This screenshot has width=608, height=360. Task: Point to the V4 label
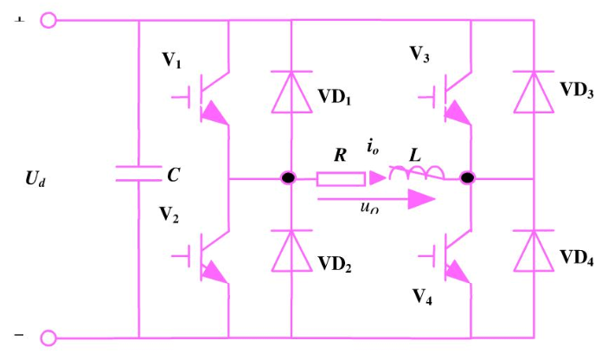(x=423, y=296)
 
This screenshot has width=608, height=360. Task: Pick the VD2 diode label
(x=335, y=262)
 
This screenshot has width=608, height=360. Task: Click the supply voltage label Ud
(x=39, y=180)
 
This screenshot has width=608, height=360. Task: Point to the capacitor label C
(x=173, y=176)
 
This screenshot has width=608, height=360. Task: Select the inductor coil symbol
(x=416, y=176)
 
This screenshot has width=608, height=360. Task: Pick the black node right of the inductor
(x=468, y=178)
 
